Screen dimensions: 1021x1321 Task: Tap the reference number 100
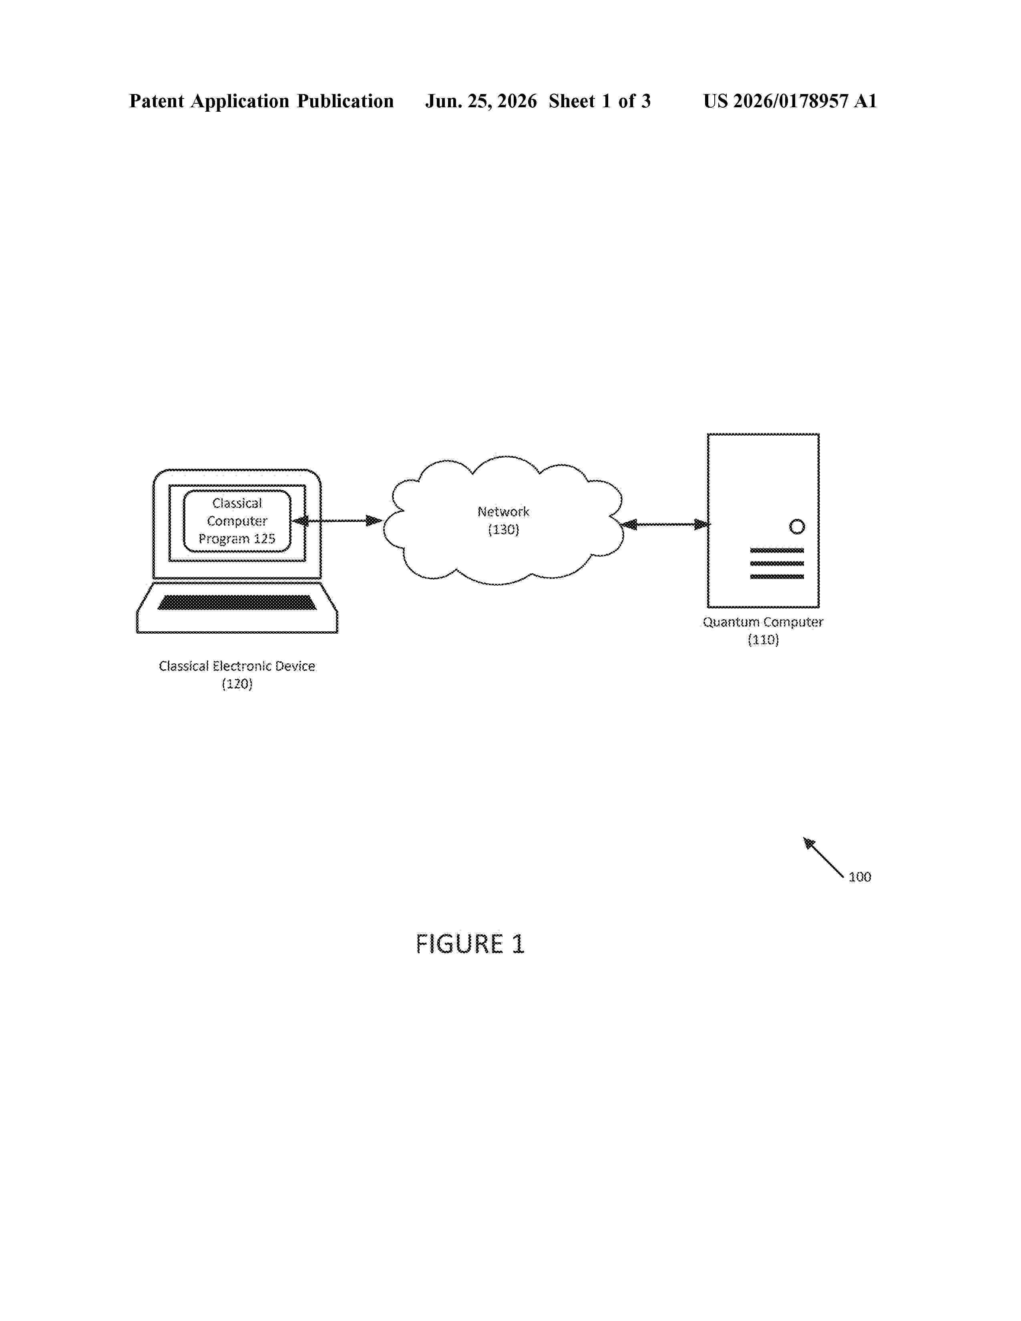[860, 877]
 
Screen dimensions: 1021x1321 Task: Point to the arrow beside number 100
[823, 857]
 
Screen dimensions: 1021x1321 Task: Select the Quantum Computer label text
[763, 622]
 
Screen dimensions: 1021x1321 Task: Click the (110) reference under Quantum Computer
[763, 640]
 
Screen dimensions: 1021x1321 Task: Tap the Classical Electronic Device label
[237, 666]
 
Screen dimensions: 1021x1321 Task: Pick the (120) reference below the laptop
[237, 684]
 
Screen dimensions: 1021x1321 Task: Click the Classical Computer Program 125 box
[237, 521]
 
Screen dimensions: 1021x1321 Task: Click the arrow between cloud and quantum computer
[665, 524]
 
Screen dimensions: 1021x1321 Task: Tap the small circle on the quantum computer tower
[797, 527]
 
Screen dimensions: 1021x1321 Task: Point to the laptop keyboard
[237, 602]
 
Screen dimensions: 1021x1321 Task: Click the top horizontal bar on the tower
[777, 550]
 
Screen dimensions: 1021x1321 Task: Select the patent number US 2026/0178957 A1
[790, 101]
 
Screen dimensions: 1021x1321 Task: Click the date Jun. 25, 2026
[481, 101]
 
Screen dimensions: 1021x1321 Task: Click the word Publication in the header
[346, 101]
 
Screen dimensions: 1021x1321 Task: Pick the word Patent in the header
[157, 101]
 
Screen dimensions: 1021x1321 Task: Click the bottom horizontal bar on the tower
[777, 576]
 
